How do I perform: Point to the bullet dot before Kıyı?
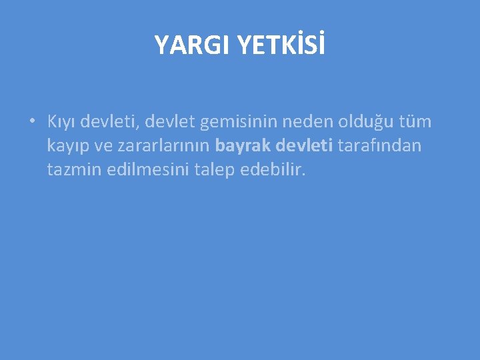tap(31, 121)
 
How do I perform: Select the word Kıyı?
tap(61, 122)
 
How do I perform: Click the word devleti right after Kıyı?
tap(107, 122)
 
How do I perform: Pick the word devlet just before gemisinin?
tap(167, 122)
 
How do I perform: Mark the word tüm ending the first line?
tap(414, 122)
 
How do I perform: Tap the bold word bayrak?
tap(242, 146)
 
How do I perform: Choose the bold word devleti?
tap(304, 145)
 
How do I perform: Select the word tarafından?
tap(380, 145)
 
